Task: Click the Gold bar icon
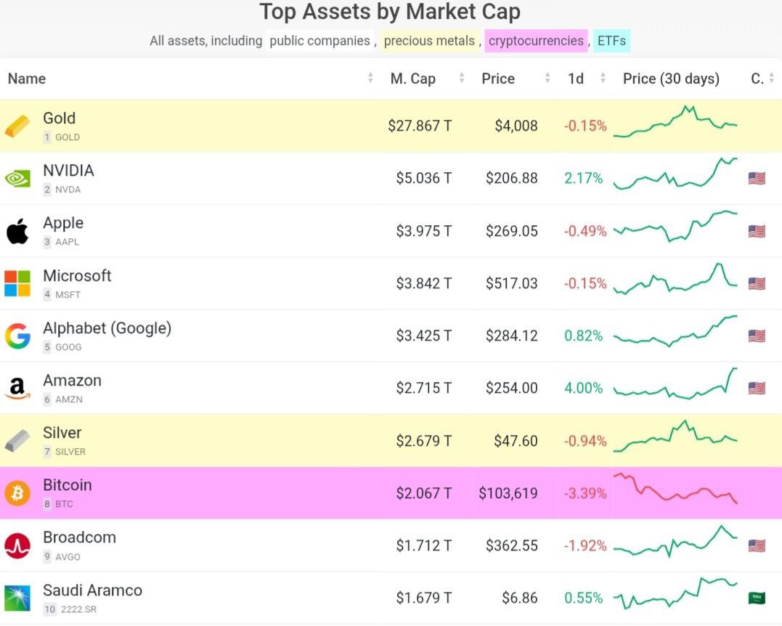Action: (x=17, y=126)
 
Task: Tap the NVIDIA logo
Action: (x=17, y=179)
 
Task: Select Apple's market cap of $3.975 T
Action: (x=423, y=231)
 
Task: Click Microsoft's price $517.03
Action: (x=511, y=283)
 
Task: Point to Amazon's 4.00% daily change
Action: (x=584, y=388)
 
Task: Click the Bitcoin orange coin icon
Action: (x=17, y=493)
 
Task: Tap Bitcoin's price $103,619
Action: (x=508, y=493)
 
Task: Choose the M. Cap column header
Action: (x=412, y=78)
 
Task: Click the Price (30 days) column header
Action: (x=671, y=78)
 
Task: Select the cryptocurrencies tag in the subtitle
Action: (x=536, y=41)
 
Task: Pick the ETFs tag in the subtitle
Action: (x=611, y=41)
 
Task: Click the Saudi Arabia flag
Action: (x=757, y=598)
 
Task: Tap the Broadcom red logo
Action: (x=17, y=545)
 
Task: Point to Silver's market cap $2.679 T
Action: (x=423, y=441)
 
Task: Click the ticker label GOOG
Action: (x=68, y=347)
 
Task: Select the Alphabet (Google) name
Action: (x=107, y=328)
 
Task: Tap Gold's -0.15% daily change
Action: (x=585, y=126)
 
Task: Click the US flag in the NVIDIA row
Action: (x=757, y=179)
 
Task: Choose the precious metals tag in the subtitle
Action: (x=429, y=41)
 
